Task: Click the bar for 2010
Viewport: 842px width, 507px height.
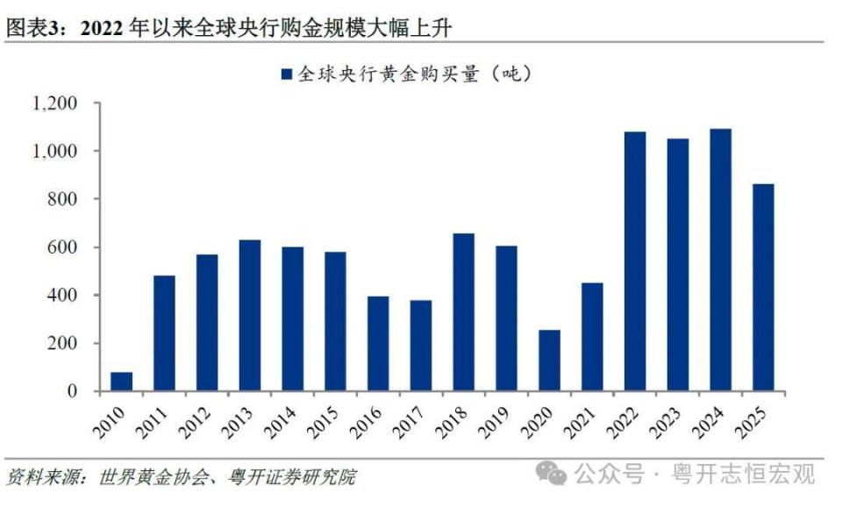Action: tap(122, 382)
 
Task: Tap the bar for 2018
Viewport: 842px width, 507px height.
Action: tap(464, 311)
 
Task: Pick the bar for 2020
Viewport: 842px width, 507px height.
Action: tap(549, 361)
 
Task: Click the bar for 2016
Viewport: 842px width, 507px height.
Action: tap(378, 344)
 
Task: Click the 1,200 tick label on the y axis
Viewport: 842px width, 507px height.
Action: tap(55, 104)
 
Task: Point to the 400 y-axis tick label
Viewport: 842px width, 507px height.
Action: tap(63, 296)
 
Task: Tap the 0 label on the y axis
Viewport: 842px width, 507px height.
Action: tap(74, 391)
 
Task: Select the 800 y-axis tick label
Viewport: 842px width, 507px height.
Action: tap(63, 199)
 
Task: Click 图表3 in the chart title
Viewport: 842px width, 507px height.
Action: tap(35, 27)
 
